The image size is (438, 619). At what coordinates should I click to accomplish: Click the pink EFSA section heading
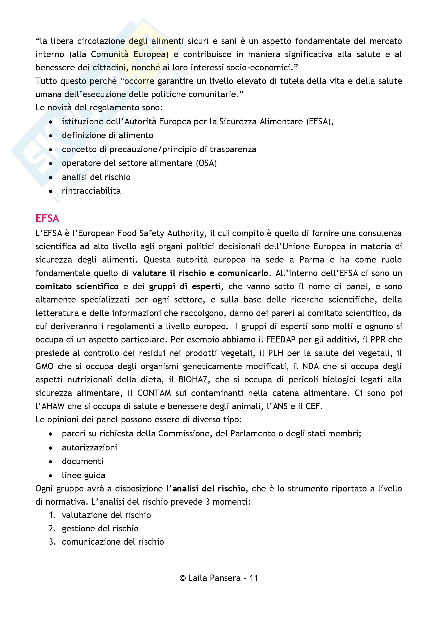pos(47,218)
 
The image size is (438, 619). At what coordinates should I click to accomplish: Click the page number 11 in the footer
pos(253,578)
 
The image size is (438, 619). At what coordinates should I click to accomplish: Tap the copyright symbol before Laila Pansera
pos(183,578)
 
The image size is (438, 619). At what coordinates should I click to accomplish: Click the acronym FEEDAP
pos(281,340)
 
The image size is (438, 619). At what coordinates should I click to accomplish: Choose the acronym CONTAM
pos(154,393)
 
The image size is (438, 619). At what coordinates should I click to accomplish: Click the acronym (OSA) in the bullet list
pos(206,163)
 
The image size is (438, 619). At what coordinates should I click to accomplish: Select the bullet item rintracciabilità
pos(91,191)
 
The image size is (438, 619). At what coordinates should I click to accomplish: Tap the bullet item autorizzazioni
pos(90,448)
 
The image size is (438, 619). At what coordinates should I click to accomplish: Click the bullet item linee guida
pos(84,475)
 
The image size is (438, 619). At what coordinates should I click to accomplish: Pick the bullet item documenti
pos(83,461)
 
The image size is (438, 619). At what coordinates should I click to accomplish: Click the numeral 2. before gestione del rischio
pos(52,528)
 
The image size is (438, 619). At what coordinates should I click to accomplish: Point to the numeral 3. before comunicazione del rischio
pos(52,542)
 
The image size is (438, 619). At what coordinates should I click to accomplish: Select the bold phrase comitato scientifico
pos(77,286)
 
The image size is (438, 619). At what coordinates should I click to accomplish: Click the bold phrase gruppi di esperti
pos(185,286)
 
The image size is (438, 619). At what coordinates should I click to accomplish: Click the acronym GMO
pos(44,366)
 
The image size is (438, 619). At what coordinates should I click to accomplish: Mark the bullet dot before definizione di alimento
pos(51,135)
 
